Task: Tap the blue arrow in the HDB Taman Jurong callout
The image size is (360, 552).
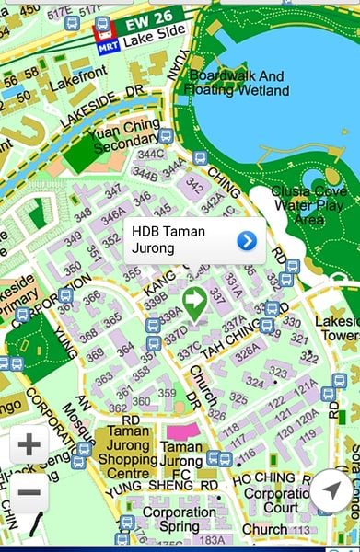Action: point(246,241)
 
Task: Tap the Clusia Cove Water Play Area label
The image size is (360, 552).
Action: point(309,205)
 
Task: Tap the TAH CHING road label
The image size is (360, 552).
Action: point(232,337)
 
